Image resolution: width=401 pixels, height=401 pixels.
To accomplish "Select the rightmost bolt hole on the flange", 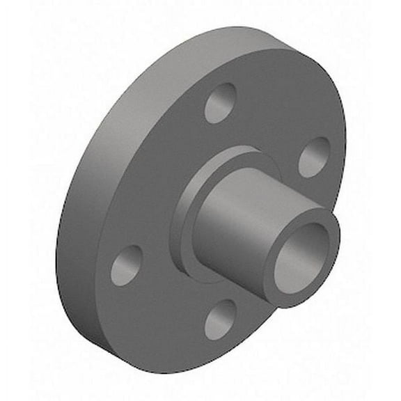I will point(314,157).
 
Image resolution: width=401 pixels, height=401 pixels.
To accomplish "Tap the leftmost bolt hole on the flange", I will point(126,265).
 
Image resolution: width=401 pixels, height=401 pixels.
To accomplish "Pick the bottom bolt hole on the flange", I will point(221,320).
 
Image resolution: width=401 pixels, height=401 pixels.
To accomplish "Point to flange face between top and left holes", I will point(153,174).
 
